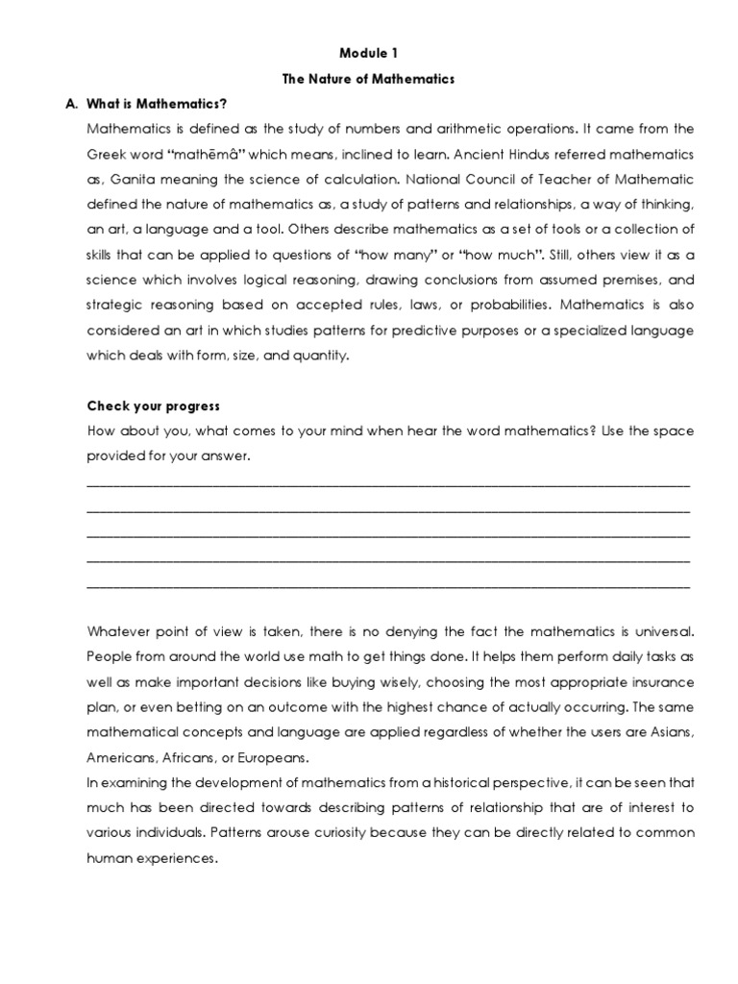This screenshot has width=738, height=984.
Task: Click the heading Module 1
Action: [x=368, y=54]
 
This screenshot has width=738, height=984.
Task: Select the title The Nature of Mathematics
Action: [x=368, y=79]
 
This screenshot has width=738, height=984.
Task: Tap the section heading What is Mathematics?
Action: [x=158, y=104]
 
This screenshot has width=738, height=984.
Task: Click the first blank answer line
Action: [x=387, y=483]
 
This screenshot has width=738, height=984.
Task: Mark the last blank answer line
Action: [x=387, y=584]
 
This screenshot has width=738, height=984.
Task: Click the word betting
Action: [x=183, y=706]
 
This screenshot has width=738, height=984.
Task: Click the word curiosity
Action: [x=272, y=832]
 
